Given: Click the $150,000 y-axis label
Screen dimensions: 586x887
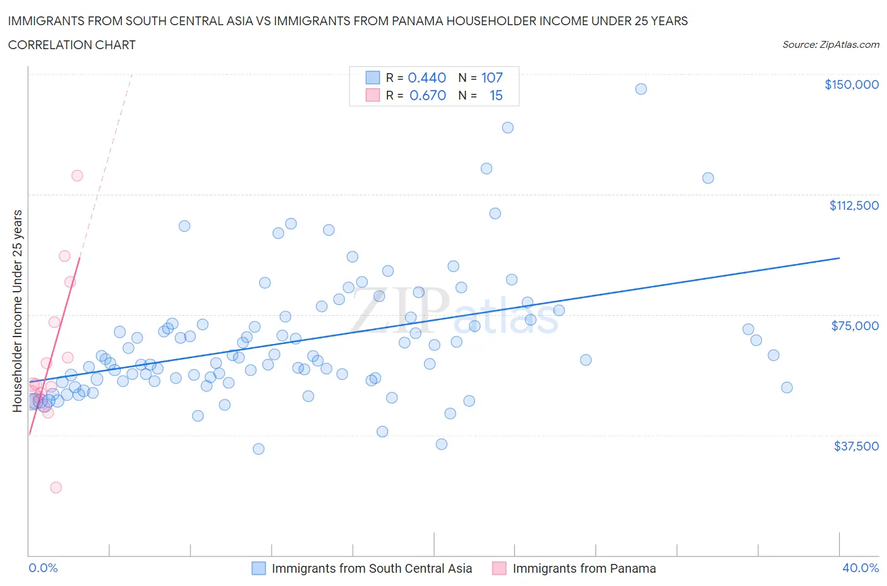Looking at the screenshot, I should (851, 84).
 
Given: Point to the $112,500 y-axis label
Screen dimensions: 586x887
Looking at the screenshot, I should (854, 205).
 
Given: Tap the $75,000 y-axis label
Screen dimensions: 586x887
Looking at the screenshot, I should (855, 326).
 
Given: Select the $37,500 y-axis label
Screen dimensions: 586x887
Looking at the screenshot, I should (855, 446).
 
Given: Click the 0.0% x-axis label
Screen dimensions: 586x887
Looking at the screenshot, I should (43, 568).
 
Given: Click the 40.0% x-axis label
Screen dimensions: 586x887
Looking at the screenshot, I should (861, 568).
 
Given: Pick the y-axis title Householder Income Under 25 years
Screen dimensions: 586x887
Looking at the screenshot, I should (18, 311).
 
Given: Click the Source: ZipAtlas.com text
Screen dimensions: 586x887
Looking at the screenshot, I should (830, 45).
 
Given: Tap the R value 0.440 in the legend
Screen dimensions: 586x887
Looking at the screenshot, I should (426, 78).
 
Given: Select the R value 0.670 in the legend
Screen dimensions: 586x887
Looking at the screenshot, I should (427, 95).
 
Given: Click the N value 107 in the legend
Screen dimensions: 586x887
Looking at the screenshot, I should (492, 78).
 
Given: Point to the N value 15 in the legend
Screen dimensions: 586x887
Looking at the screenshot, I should (496, 95).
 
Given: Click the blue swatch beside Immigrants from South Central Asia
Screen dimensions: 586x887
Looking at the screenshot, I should (259, 568).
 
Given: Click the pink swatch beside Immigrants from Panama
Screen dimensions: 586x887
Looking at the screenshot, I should (499, 568).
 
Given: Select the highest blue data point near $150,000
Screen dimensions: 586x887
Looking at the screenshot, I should (641, 89).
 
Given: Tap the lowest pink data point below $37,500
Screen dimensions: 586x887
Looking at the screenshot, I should (56, 487).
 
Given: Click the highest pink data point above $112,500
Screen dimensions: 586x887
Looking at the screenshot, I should (77, 175).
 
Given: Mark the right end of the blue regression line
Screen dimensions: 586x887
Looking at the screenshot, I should (839, 258).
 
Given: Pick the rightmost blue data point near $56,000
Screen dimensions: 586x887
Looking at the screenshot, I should (787, 388).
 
